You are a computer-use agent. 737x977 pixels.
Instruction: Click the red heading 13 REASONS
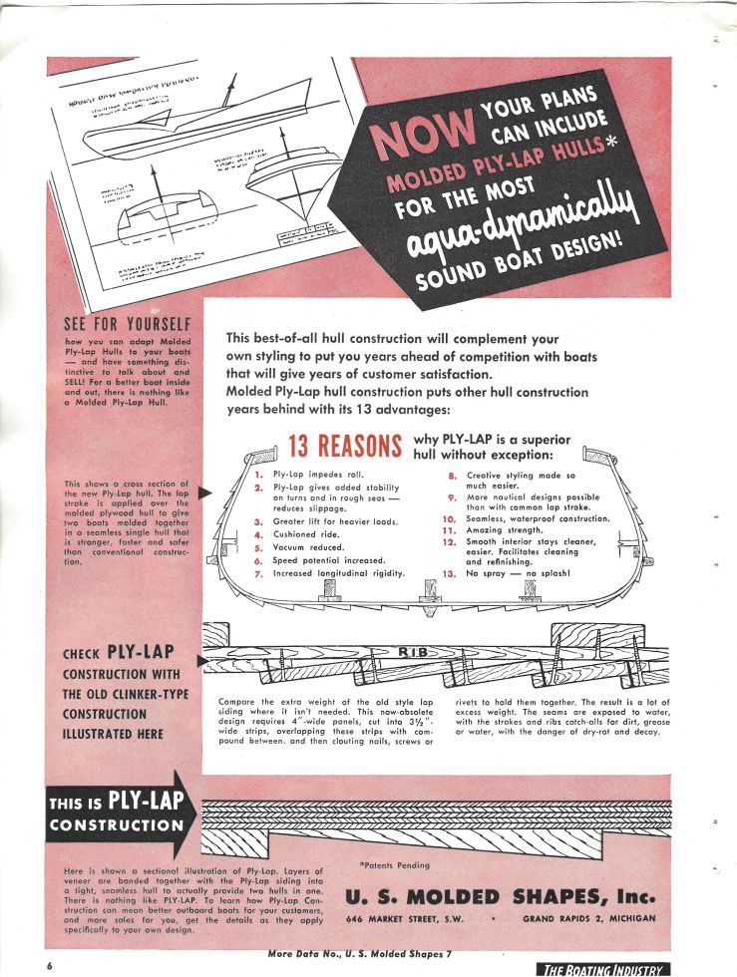pos(343,445)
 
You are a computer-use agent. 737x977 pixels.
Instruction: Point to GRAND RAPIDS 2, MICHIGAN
pos(589,917)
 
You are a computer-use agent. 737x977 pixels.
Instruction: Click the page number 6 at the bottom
pos(49,967)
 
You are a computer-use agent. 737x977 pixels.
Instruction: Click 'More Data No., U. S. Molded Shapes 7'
pos(360,955)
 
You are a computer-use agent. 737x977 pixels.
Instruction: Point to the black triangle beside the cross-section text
pos(205,491)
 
